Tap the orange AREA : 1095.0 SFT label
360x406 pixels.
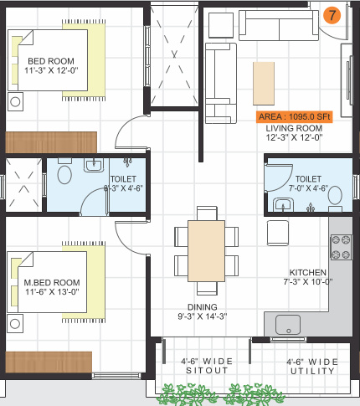coord(293,117)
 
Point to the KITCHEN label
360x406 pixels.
coord(307,273)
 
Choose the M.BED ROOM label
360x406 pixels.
coord(52,282)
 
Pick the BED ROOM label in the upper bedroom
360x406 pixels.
coord(50,61)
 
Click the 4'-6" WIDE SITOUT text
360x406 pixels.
coord(207,366)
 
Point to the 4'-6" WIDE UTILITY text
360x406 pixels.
coord(312,366)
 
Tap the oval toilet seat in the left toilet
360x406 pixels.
coord(64,176)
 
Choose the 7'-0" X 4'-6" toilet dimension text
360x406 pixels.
coord(307,189)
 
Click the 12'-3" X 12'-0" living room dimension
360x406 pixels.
coord(290,138)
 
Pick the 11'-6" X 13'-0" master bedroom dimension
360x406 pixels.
coord(52,292)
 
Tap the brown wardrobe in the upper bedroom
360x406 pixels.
coord(51,141)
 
